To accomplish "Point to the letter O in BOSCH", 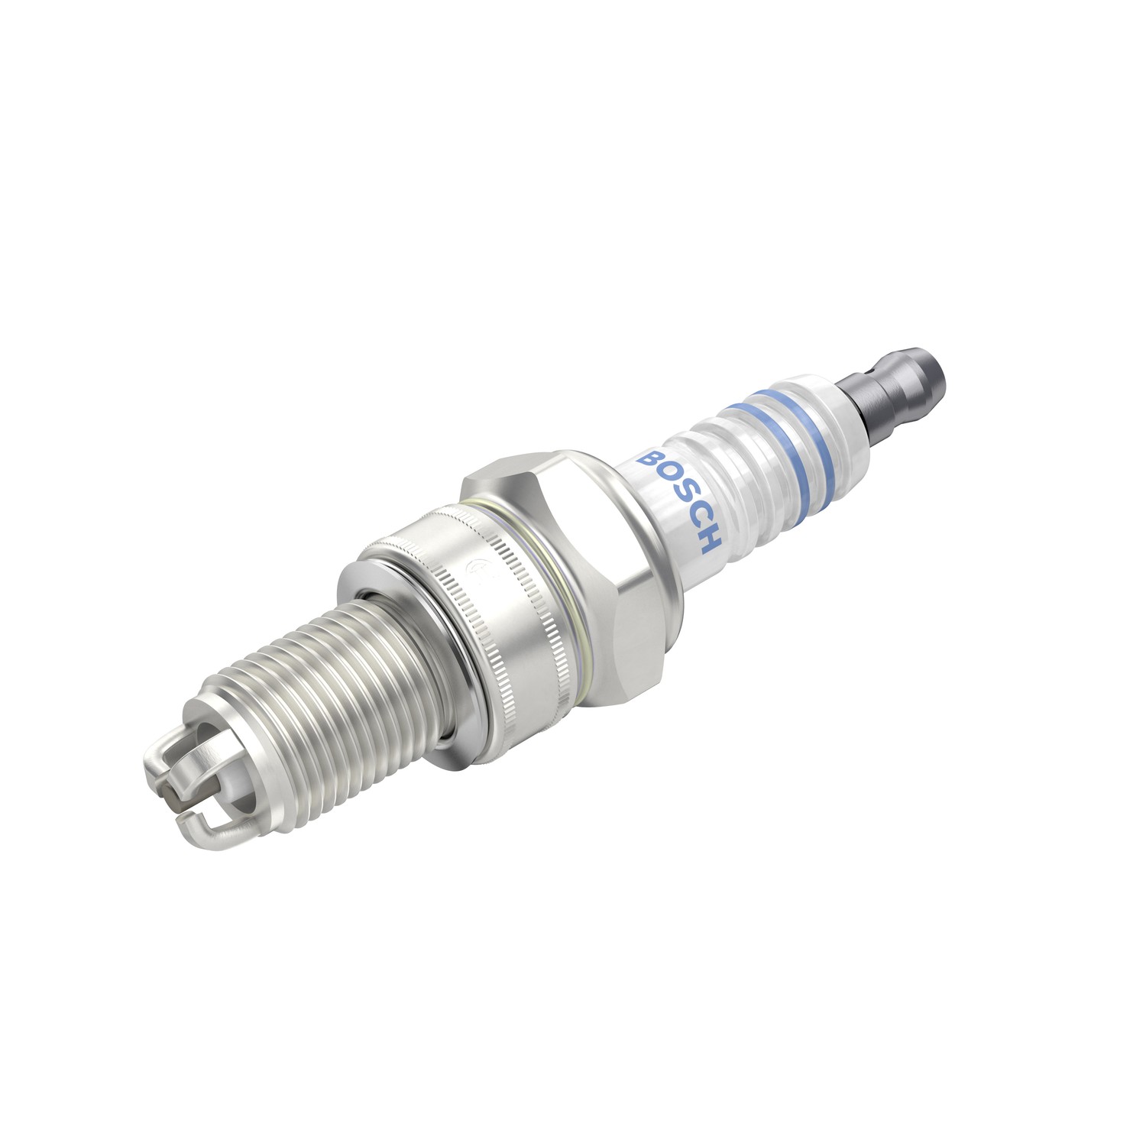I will [664, 478].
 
